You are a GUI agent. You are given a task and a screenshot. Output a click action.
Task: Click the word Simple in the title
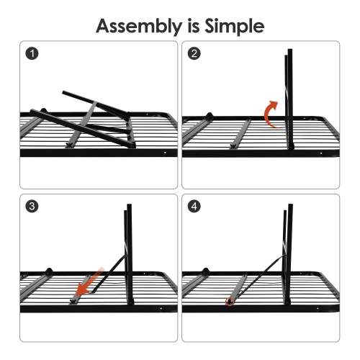(233, 27)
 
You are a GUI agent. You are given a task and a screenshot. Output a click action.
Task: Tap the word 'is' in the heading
(191, 27)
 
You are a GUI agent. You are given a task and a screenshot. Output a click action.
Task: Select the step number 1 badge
(31, 54)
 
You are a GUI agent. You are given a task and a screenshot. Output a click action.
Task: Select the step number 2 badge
(194, 54)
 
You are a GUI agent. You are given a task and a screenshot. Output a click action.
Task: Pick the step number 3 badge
(31, 207)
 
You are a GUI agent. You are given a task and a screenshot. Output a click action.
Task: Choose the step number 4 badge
(194, 207)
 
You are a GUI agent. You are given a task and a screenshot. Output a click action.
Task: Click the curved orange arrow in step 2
(271, 114)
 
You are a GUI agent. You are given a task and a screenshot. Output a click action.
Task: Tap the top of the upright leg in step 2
(289, 53)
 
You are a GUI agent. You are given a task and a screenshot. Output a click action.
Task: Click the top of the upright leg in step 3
(128, 207)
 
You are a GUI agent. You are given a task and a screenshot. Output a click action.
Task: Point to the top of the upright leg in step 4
(289, 207)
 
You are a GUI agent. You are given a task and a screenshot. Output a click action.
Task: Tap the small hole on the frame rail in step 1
(165, 153)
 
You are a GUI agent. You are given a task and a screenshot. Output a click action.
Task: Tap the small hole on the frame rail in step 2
(328, 153)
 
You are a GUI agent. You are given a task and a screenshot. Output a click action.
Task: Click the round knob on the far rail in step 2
(210, 115)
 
